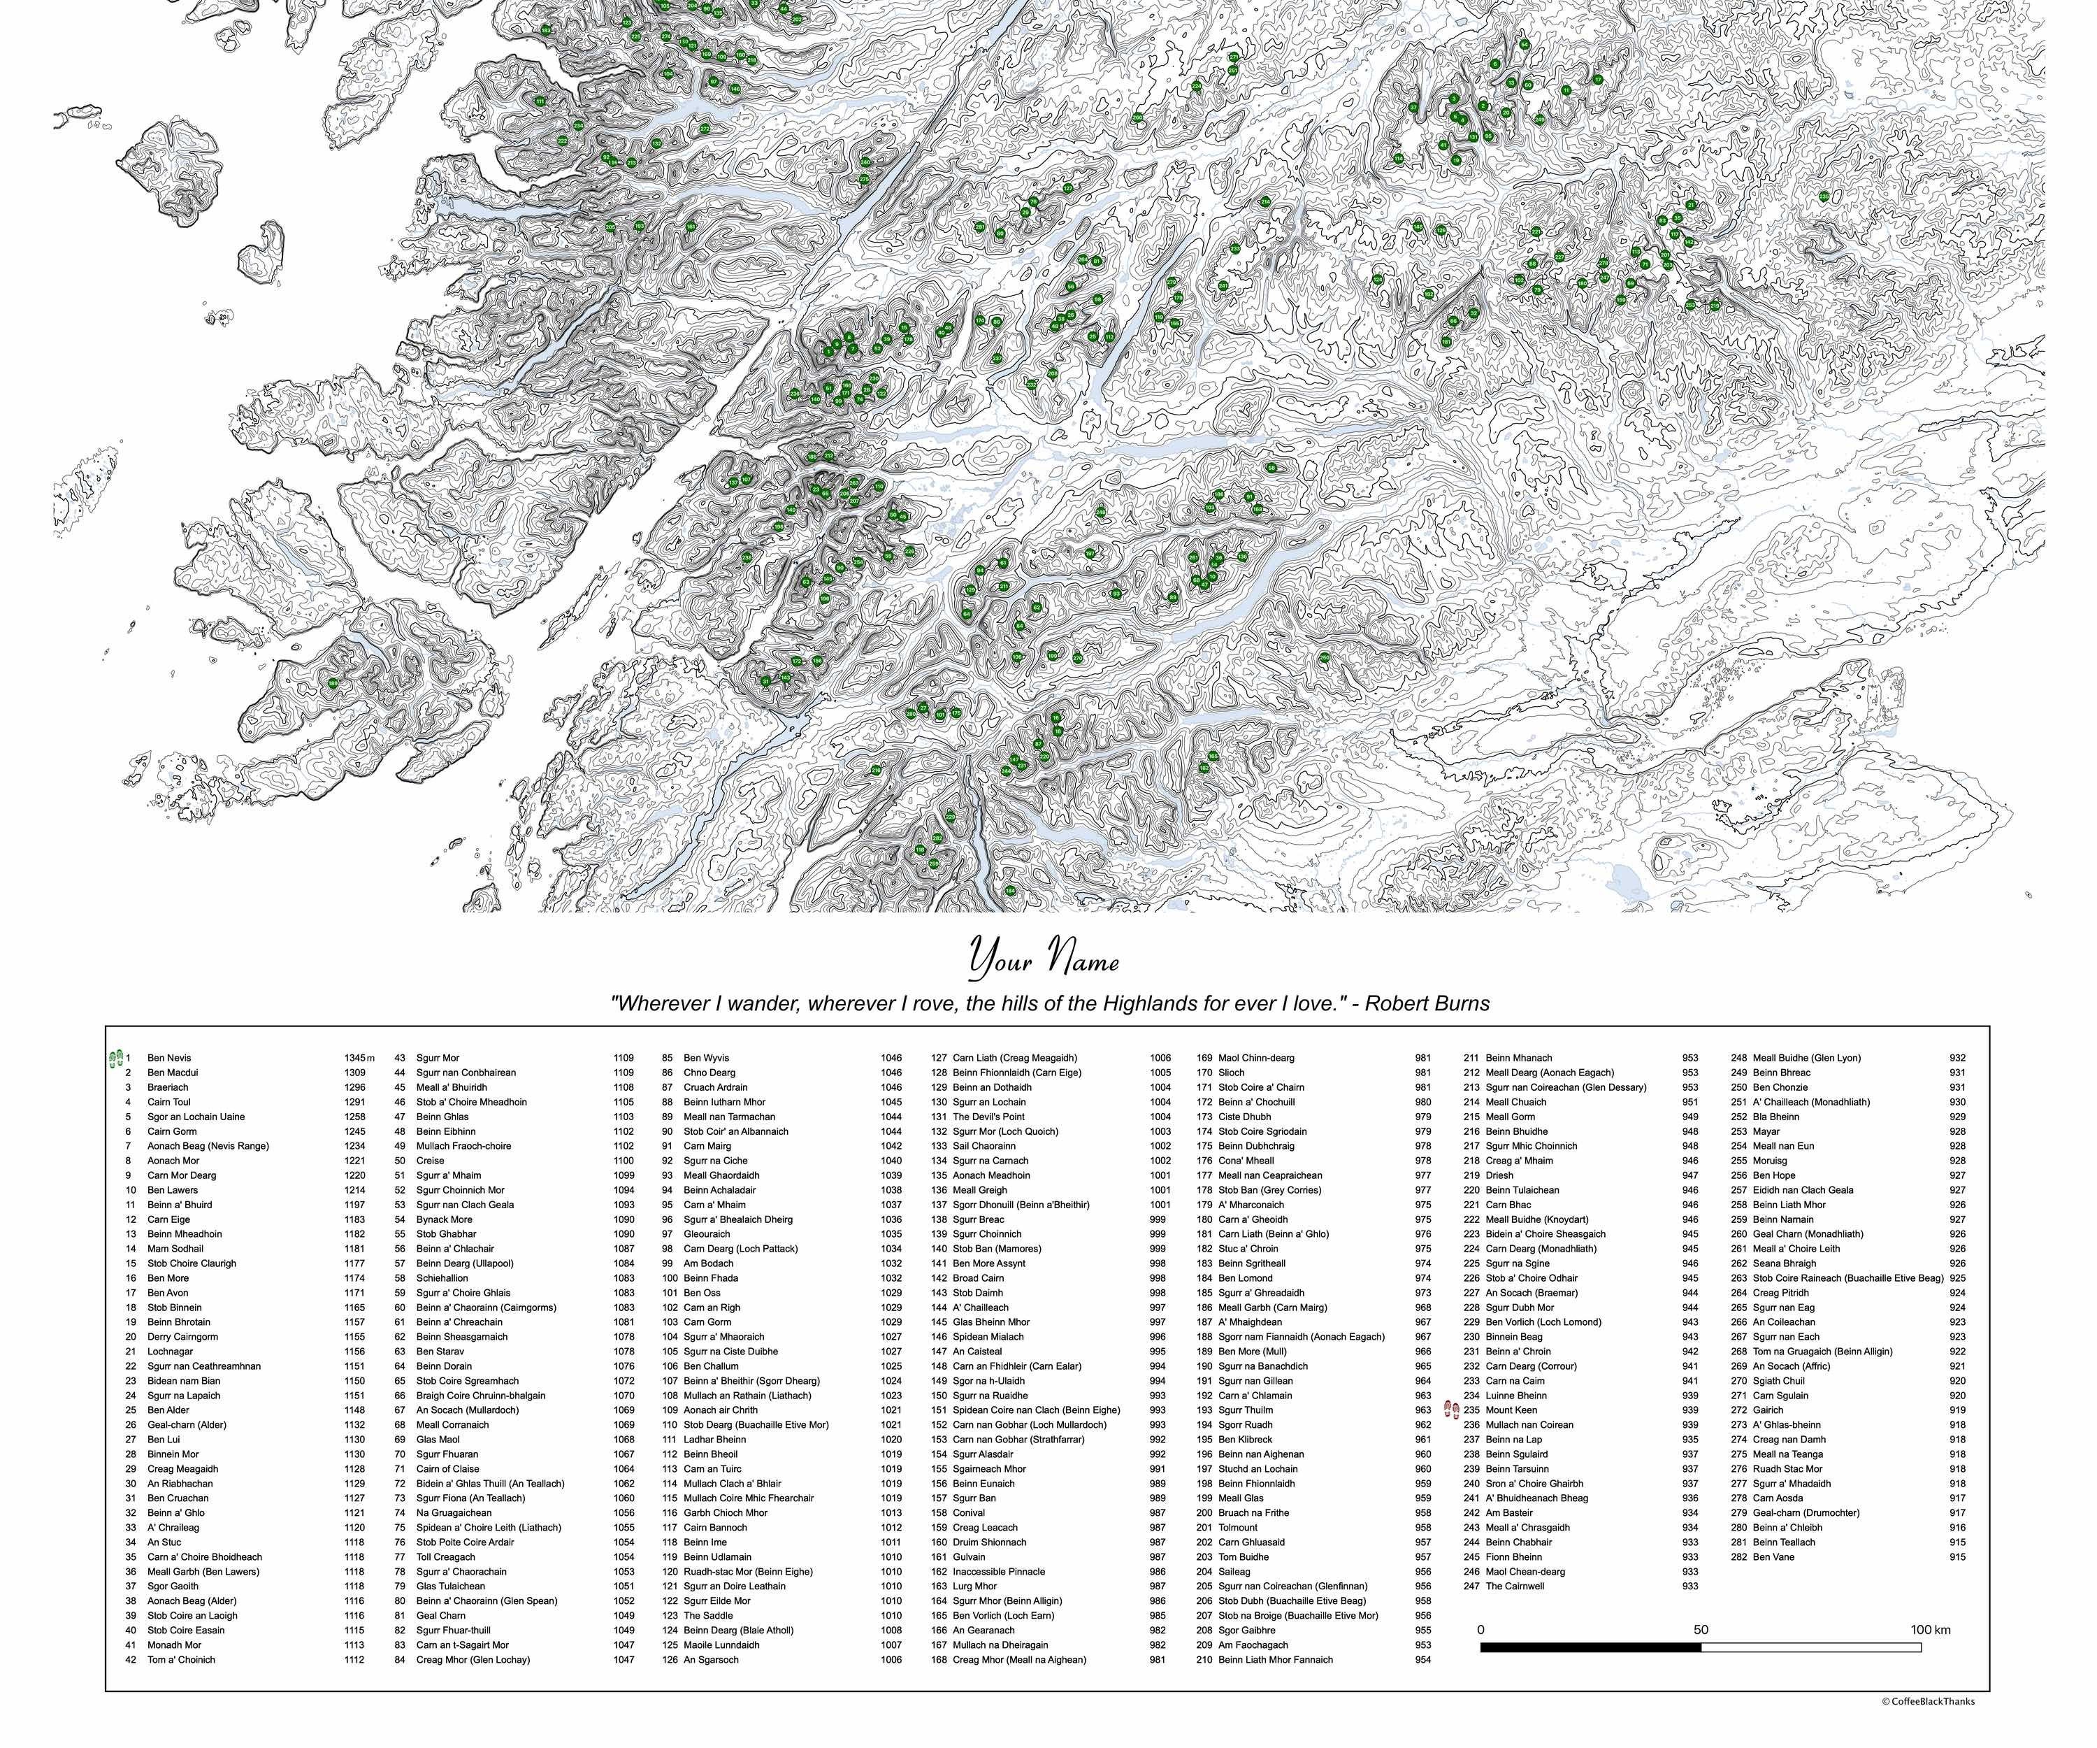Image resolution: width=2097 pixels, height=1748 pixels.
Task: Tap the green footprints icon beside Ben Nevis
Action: click(115, 1059)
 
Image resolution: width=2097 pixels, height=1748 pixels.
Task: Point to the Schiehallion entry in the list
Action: click(442, 1277)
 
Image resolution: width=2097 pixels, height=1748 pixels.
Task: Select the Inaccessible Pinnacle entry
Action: click(999, 1571)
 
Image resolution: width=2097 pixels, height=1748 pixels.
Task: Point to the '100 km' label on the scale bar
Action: click(1929, 1629)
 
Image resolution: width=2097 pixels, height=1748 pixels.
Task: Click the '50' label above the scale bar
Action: click(1701, 1629)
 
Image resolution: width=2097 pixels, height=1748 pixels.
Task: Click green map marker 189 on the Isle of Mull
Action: click(333, 683)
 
